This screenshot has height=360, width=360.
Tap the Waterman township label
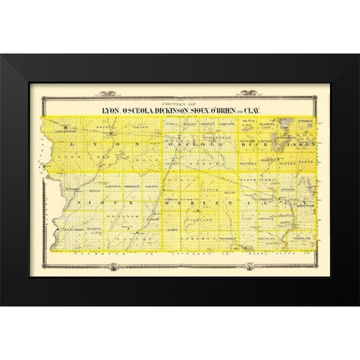227,239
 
